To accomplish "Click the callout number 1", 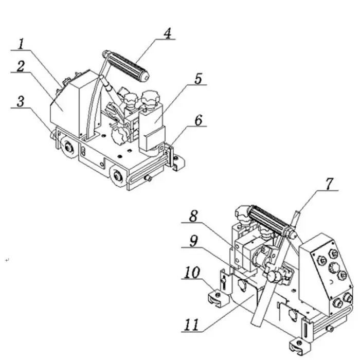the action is (x=21, y=44).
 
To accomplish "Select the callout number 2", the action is (x=21, y=66).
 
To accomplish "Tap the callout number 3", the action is (x=21, y=101).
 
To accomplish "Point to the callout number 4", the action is (x=168, y=33).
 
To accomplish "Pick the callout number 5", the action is (x=198, y=79).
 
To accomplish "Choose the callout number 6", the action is (x=199, y=120).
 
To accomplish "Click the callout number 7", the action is (x=329, y=184).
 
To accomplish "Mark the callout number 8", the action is (x=193, y=217).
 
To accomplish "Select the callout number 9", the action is (x=193, y=241).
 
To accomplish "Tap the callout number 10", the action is (x=191, y=273).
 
